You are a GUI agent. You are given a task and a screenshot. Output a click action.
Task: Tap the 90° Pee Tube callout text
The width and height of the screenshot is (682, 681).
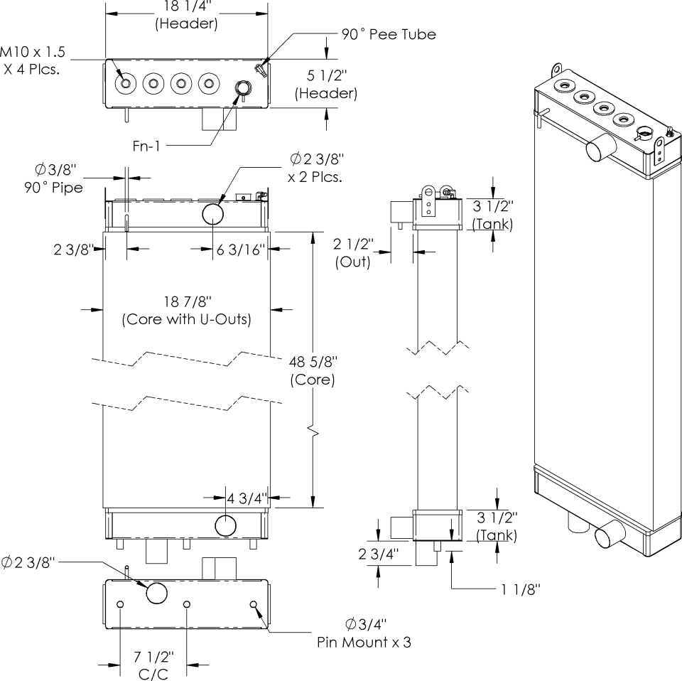(x=387, y=34)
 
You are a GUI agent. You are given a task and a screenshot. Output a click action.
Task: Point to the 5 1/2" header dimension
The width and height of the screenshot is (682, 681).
(x=326, y=84)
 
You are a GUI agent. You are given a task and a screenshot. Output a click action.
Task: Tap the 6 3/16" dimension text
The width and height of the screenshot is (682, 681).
(x=241, y=249)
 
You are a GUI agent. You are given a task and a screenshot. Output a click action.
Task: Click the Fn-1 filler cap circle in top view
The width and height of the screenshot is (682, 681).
(x=243, y=88)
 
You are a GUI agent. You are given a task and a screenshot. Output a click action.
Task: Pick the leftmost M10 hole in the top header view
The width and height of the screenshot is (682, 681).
(x=126, y=84)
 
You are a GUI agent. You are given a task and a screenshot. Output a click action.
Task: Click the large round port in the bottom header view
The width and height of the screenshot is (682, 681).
(x=156, y=592)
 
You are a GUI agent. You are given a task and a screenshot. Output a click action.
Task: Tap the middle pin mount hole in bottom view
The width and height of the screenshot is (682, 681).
(x=187, y=604)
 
